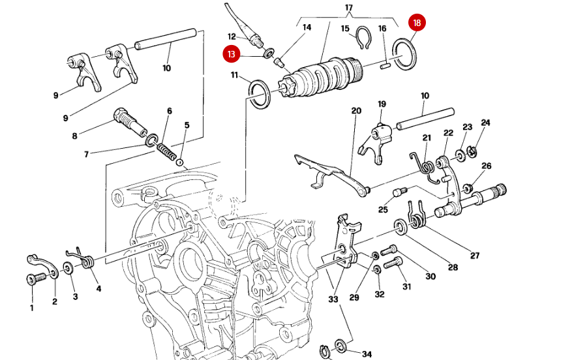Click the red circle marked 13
click(231, 53)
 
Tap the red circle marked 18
click(417, 23)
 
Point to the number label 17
click(349, 8)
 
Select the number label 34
click(367, 353)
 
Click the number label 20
click(356, 111)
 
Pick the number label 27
click(474, 255)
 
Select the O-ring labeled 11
click(259, 93)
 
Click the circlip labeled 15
click(364, 40)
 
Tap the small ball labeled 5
click(180, 162)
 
